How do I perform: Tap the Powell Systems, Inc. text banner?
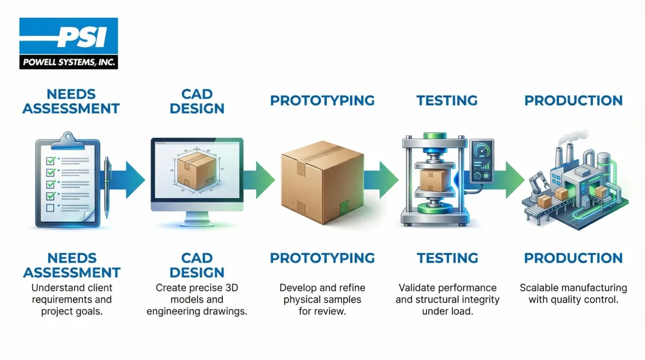click(x=69, y=61)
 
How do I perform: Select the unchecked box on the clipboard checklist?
click(x=51, y=208)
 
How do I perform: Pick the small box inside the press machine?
click(x=432, y=179)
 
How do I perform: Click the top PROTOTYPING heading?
click(x=322, y=100)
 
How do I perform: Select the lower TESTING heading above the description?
click(x=447, y=258)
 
